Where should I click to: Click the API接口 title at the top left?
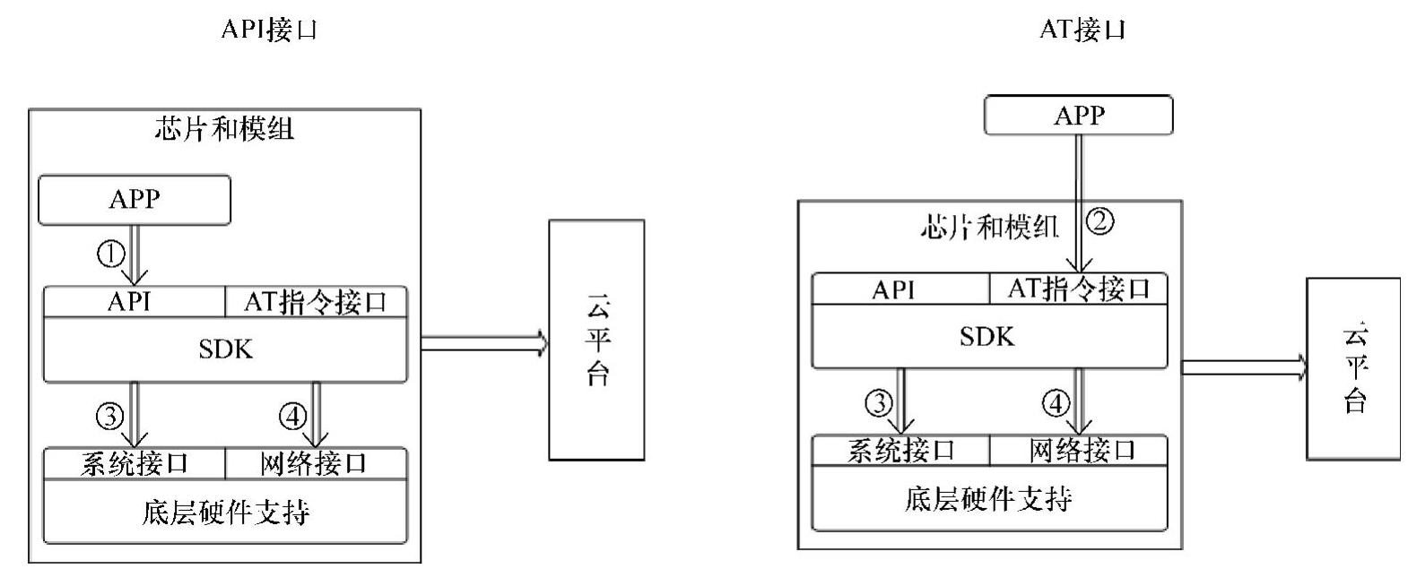tap(269, 30)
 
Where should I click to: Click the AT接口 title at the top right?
tap(1082, 30)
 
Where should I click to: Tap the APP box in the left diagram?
tap(135, 199)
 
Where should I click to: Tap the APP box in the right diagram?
tap(1079, 115)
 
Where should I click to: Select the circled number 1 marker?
tap(110, 255)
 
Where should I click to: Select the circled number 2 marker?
tap(1100, 220)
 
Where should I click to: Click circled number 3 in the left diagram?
tap(109, 416)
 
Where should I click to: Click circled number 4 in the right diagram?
tap(1056, 404)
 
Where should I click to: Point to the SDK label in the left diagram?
tap(226, 349)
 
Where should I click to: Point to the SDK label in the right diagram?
tap(987, 337)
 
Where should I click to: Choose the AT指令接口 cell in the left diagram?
tap(316, 302)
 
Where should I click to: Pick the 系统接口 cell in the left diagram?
tap(135, 463)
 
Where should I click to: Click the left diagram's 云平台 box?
tap(596, 341)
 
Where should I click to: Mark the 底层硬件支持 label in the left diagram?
tap(226, 513)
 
